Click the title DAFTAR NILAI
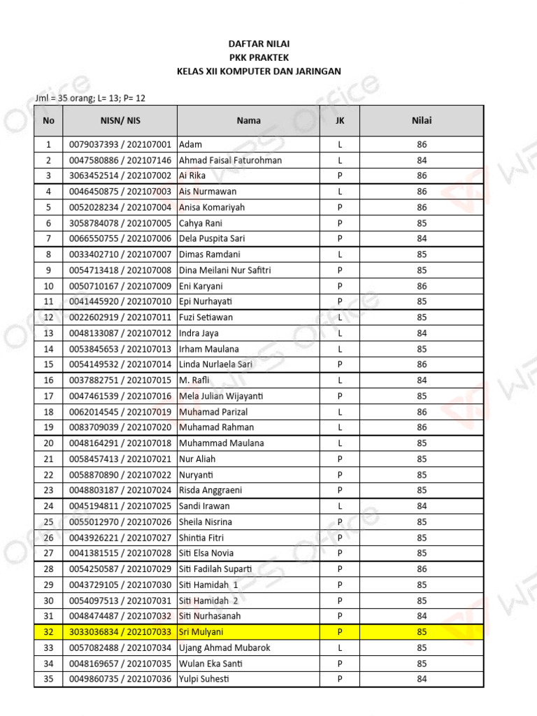click(259, 43)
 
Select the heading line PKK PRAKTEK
click(259, 57)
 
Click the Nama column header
click(248, 120)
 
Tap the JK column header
click(340, 120)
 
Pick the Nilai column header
click(422, 120)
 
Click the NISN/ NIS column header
click(120, 120)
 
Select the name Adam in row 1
click(191, 145)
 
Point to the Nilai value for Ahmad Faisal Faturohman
click(422, 160)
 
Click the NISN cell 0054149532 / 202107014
click(120, 364)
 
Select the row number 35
click(48, 679)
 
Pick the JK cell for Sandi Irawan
click(340, 506)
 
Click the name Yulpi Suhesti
click(204, 679)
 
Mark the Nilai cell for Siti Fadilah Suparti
click(422, 569)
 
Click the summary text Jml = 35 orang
click(64, 99)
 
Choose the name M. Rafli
click(195, 380)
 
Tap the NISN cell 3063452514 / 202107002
click(120, 176)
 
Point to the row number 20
click(48, 443)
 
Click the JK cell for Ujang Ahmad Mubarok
click(340, 647)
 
